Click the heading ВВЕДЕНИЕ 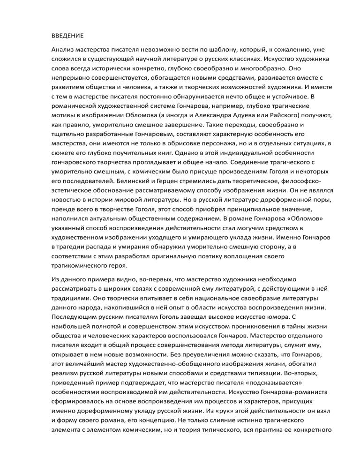(x=67, y=35)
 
